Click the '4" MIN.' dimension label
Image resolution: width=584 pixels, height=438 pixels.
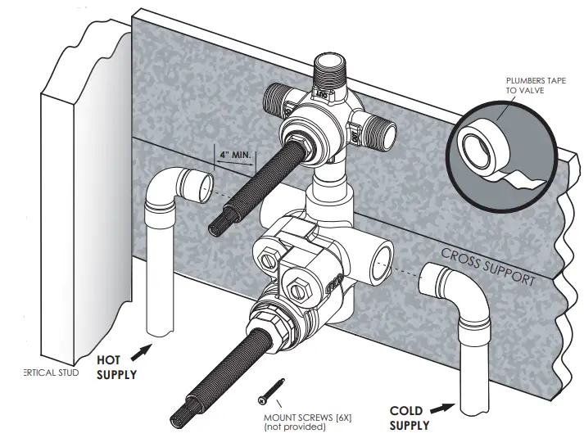point(235,153)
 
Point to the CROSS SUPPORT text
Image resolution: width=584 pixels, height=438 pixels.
point(488,265)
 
